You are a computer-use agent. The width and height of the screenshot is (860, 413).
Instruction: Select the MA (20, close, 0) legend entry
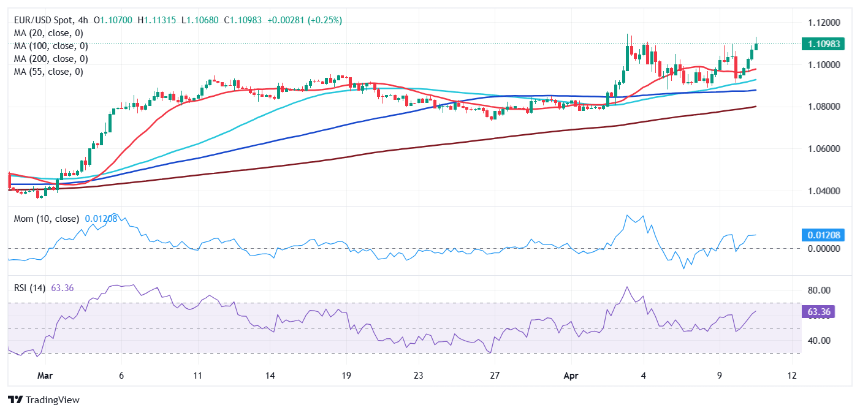(48, 33)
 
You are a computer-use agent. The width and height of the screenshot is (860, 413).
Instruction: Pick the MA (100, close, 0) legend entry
(51, 46)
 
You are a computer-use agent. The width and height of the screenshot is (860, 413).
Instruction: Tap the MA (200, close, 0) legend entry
(51, 59)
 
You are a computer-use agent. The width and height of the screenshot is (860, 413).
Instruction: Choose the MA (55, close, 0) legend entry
(48, 72)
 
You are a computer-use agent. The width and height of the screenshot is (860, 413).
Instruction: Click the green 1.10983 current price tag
(823, 44)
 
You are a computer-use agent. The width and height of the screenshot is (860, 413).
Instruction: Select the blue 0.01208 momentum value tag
(823, 235)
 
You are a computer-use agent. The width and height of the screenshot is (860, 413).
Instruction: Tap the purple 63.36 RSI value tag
(819, 312)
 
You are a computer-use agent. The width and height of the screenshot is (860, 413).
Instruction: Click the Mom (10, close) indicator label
(47, 219)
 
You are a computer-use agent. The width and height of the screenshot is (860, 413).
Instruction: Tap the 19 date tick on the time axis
(346, 375)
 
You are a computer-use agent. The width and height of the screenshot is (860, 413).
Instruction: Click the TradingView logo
(44, 400)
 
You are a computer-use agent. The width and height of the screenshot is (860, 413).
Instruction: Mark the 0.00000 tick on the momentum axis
(821, 249)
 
